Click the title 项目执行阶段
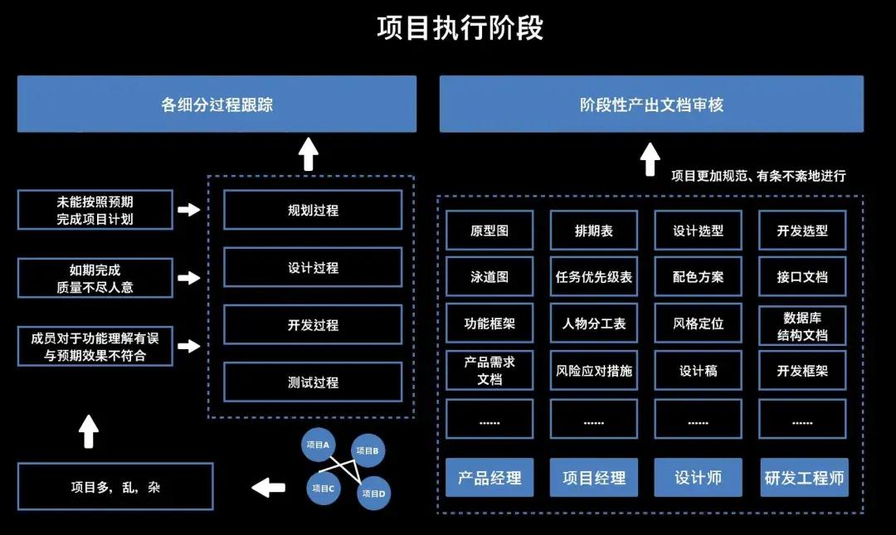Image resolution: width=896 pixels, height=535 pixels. (460, 28)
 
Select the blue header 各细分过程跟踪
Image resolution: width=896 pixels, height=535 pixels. (217, 105)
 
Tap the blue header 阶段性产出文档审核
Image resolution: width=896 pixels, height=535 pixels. (651, 105)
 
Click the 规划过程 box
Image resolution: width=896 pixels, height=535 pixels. (313, 210)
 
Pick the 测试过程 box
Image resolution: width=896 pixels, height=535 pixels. (313, 382)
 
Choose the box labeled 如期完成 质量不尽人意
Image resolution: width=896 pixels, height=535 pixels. (95, 278)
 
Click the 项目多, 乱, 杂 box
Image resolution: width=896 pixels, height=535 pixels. (115, 487)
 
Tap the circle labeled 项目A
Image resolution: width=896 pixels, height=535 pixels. (318, 445)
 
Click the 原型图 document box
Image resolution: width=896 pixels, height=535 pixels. (489, 231)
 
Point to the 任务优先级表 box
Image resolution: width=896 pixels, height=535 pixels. (593, 277)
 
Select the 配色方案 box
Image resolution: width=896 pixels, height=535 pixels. (698, 277)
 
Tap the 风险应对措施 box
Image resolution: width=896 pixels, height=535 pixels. (593, 371)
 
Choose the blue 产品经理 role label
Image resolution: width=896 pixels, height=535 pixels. (489, 478)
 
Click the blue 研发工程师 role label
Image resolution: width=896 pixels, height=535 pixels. (803, 478)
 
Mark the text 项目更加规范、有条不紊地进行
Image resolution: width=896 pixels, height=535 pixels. (758, 176)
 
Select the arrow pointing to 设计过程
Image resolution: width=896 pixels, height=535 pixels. (189, 278)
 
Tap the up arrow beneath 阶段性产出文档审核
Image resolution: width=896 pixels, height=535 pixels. (650, 158)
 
